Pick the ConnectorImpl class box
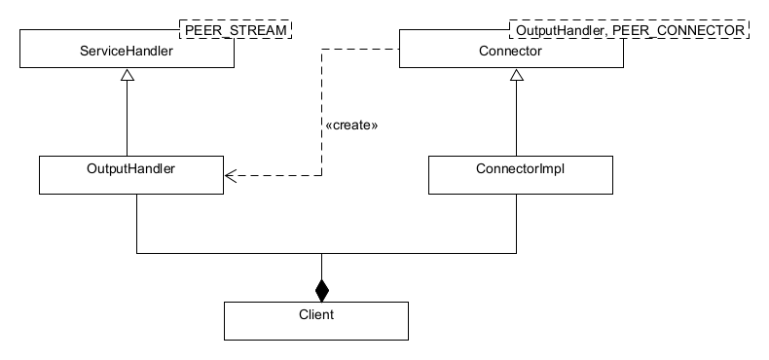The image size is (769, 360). point(521,175)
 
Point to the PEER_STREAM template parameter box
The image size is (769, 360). point(237,30)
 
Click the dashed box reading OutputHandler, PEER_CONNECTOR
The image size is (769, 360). point(630,30)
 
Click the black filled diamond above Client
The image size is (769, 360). point(321,288)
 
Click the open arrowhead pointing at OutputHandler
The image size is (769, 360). point(230,176)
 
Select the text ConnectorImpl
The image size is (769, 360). point(521,167)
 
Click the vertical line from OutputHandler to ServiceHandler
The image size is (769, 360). point(128,122)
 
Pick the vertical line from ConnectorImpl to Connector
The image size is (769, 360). point(517,122)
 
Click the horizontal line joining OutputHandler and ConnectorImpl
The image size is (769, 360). point(234,253)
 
